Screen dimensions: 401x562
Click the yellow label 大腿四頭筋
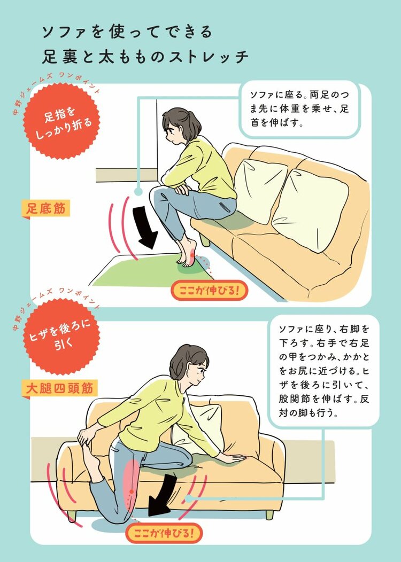59,388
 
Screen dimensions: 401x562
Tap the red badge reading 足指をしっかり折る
61,121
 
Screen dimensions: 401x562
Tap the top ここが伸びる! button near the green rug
210,290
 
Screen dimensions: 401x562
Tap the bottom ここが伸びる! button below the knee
164,533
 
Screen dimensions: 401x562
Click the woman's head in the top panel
181,126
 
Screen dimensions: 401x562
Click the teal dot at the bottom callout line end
188,498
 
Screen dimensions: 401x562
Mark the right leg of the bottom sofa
269,514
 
